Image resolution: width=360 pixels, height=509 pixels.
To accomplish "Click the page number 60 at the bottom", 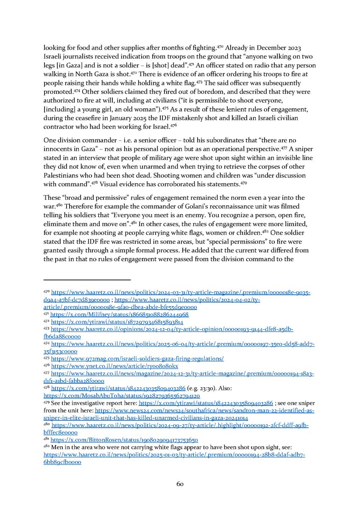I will tap(180, 483).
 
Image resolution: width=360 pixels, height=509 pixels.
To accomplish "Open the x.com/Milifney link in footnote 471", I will tap(119, 315).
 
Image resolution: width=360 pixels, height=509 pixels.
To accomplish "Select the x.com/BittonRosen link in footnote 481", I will tap(124, 440).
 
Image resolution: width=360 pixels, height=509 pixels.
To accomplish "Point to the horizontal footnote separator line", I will tap(87, 280).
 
